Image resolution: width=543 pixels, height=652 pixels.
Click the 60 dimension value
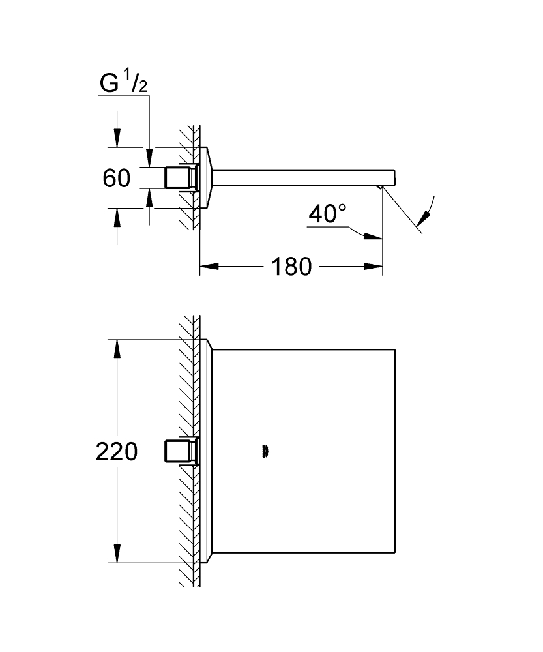(117, 177)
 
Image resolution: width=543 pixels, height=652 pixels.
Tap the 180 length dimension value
(289, 266)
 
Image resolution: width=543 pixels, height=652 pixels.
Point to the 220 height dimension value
(117, 451)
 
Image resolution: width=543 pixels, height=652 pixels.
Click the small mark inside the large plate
(264, 451)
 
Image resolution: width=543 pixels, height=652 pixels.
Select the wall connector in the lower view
(180, 451)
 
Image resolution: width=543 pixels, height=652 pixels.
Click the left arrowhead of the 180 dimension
(207, 266)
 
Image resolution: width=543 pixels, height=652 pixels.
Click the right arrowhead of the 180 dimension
(374, 266)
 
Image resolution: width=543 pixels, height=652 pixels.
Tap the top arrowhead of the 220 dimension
(117, 349)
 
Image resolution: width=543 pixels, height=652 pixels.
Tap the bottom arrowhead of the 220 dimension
(117, 554)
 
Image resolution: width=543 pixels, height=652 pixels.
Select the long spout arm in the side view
(300, 177)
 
